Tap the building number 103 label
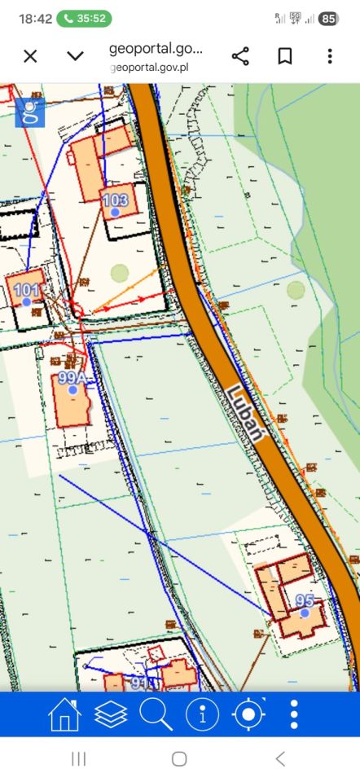[x=116, y=200]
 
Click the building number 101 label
[x=27, y=290]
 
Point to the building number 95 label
[x=305, y=601]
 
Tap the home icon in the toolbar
[x=64, y=714]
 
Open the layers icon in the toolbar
[x=111, y=714]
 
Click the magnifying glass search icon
[x=156, y=714]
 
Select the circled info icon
[x=202, y=714]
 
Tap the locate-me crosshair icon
[x=248, y=714]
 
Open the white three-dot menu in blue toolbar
[x=294, y=714]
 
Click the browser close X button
[x=30, y=56]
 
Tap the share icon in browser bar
[x=240, y=56]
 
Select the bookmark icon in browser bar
[x=285, y=56]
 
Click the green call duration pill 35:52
[x=84, y=18]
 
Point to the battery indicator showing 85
[x=329, y=18]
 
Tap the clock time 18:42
[x=35, y=18]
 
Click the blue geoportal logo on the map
[x=30, y=112]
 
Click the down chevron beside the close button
[x=75, y=56]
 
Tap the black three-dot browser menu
[x=330, y=56]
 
